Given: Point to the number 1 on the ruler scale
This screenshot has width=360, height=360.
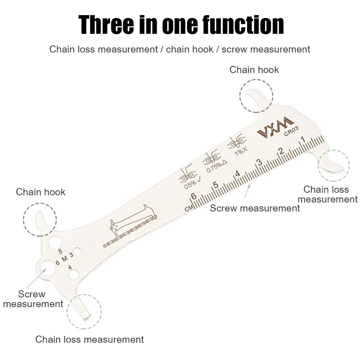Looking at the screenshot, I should pos(302,140).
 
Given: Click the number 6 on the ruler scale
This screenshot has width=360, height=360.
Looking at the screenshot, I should pos(194,197).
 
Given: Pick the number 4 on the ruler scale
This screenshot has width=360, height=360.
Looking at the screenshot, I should pos(237,174).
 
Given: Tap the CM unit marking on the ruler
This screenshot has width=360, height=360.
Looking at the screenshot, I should pos(188,208).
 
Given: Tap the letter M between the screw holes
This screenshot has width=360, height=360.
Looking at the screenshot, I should pos(64,259).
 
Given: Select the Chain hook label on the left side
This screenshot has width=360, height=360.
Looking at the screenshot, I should pos(41,192).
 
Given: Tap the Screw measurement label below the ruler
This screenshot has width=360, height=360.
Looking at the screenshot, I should pos(255,208).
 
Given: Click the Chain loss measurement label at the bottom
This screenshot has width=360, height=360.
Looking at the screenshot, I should pos(90,339).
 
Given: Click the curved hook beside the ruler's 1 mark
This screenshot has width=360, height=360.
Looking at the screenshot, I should pos(333,165).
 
